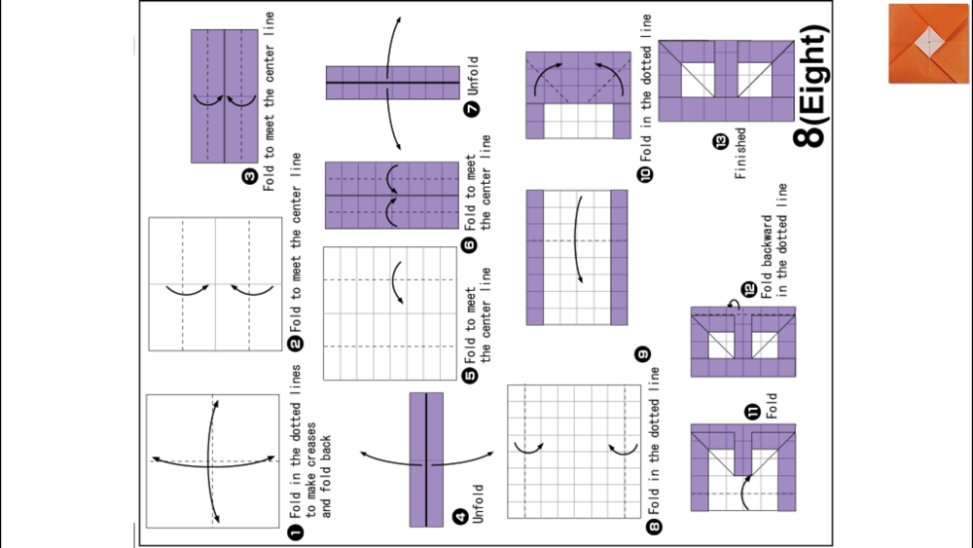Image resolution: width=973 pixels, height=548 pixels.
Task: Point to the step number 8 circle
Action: pos(654,527)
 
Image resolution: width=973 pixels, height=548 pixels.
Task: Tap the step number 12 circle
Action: pos(749,289)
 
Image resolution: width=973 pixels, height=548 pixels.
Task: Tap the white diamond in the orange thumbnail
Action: pos(927,39)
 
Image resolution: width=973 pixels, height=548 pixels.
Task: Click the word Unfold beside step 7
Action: pos(473,73)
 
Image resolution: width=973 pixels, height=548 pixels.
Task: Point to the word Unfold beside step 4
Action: pos(478,503)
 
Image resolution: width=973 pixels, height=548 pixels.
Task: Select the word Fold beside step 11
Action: pos(772,406)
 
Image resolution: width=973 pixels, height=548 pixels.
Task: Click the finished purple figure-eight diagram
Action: pos(727,81)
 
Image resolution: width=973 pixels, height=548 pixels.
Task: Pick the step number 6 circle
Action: pos(471,245)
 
